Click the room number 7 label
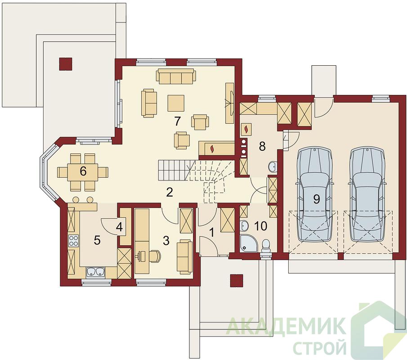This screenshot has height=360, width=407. point(177,121)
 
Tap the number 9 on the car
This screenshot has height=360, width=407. point(317,199)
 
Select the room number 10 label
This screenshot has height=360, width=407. point(261,226)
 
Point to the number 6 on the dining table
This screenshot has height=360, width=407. point(83,171)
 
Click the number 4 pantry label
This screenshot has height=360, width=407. point(119,227)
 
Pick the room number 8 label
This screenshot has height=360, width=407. point(263,146)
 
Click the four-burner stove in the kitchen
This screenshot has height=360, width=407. point(73,240)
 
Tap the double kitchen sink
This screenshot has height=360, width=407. point(95,272)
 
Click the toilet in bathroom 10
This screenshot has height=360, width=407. point(266,246)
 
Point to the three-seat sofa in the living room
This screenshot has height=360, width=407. point(176,76)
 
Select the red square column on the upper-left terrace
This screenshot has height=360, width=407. point(66,64)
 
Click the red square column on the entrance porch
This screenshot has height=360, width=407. point(237,281)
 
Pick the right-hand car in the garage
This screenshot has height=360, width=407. point(367,194)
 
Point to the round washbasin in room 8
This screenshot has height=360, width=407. point(272,166)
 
